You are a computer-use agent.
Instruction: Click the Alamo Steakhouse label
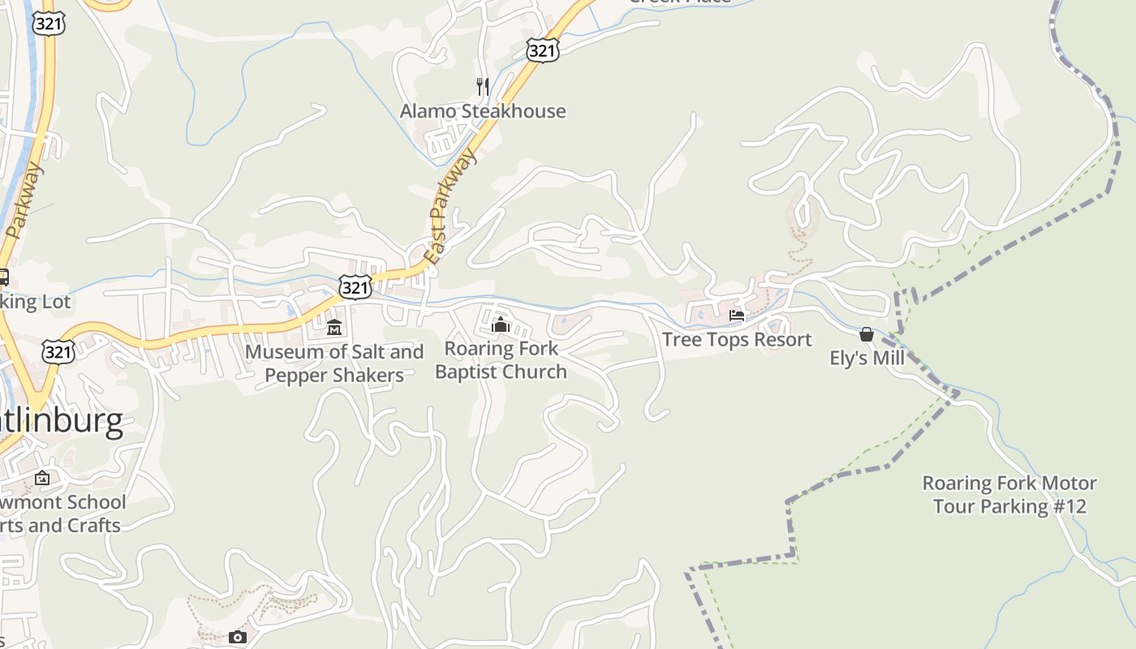tap(483, 111)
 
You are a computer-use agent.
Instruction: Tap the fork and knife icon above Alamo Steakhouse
tap(483, 87)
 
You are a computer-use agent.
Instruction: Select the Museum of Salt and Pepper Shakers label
tap(334, 363)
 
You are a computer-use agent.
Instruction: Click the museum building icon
tap(334, 327)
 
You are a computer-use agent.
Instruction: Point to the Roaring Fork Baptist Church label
tap(501, 360)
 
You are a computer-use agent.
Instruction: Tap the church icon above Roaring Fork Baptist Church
tap(501, 324)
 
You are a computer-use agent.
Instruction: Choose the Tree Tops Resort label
tap(737, 340)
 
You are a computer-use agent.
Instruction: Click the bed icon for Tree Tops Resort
tap(737, 316)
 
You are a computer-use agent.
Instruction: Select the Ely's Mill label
tap(867, 358)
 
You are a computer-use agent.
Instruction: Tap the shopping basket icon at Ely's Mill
tap(867, 334)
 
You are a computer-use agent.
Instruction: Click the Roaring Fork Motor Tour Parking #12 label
tap(1009, 495)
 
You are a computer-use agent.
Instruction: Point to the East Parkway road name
tap(449, 209)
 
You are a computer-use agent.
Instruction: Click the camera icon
tap(237, 638)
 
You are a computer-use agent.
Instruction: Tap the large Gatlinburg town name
tap(62, 421)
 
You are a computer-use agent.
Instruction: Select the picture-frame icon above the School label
tap(42, 478)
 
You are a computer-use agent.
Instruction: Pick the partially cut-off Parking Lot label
tap(36, 302)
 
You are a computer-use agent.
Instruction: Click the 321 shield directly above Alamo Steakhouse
tap(541, 51)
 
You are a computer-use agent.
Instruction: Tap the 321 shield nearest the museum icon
tap(355, 286)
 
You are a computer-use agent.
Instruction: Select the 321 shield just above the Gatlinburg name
tap(58, 352)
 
